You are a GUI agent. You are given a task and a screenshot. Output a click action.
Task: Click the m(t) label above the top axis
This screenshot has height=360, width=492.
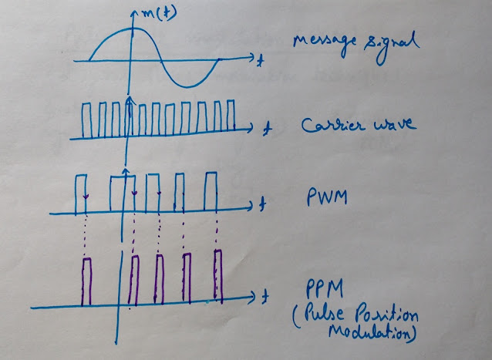click(x=159, y=13)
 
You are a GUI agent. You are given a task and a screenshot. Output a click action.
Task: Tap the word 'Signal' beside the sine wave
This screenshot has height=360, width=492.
click(x=392, y=47)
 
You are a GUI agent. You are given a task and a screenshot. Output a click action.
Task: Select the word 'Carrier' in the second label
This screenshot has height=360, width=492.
click(x=333, y=125)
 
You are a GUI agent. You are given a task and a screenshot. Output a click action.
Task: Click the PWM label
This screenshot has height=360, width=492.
click(x=327, y=197)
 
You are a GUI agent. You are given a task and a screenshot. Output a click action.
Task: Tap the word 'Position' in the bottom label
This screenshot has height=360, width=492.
click(x=386, y=316)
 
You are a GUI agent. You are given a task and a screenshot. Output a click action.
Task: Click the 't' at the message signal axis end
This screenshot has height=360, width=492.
click(x=259, y=60)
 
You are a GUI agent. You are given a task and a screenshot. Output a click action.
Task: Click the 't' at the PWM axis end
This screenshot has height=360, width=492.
click(x=262, y=204)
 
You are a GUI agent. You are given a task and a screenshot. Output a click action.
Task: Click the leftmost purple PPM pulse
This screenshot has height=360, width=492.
click(x=86, y=281)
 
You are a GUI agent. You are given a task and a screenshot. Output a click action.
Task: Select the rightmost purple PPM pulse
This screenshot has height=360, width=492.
click(x=218, y=277)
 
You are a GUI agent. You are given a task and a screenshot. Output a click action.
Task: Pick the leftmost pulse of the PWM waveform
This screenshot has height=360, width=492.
click(x=81, y=194)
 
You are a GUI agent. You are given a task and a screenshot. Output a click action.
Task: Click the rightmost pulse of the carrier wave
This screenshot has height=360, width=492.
click(x=231, y=115)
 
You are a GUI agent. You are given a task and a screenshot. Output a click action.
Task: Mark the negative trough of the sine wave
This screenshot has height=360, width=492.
click(x=187, y=86)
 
